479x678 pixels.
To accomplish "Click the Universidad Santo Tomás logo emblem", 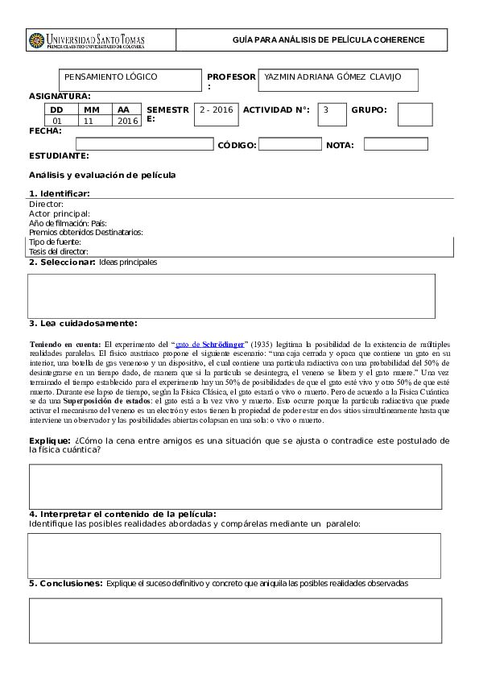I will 37,40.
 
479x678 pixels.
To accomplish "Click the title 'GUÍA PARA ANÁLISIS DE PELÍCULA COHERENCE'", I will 328,39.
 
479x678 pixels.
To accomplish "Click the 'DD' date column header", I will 56,110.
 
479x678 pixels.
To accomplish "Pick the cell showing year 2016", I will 127,121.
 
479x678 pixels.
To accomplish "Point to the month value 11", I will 89,121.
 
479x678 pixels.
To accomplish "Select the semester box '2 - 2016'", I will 217,114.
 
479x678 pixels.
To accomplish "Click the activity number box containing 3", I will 332,114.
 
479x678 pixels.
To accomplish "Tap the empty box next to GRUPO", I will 415,114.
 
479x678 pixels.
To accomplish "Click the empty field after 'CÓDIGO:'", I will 290,145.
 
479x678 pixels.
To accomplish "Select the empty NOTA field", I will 395,145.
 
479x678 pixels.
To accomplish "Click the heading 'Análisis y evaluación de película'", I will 102,175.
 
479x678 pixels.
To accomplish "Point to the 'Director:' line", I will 46,205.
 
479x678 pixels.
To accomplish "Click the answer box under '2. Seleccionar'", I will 231,296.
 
